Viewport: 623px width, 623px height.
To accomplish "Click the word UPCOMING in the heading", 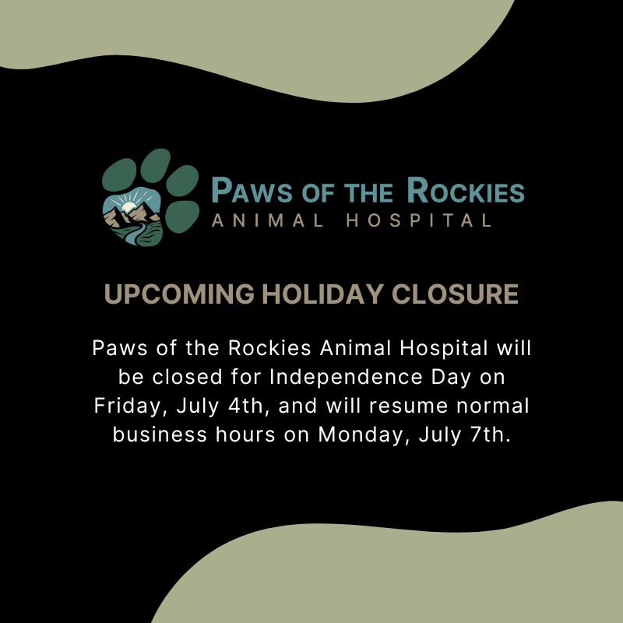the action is tap(179, 294).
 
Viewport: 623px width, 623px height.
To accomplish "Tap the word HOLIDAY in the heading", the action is tap(322, 294).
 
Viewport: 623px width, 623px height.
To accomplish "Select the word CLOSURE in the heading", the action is tap(455, 294).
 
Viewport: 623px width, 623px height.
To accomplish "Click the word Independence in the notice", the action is tap(346, 377).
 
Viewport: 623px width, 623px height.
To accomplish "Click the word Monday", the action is tap(363, 435).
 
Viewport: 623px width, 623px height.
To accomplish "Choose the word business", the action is tap(160, 435).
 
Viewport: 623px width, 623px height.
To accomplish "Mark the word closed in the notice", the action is tap(187, 377).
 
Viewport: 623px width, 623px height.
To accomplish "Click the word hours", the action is tap(245, 435).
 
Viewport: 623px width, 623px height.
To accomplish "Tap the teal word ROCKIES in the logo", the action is tap(466, 190).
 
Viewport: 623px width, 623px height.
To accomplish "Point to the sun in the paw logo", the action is tap(128, 206).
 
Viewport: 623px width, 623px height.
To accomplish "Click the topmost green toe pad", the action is tap(155, 166).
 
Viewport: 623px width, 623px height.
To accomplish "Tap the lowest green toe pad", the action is tap(182, 217).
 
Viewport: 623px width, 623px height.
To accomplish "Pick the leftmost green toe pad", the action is tap(119, 174).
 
